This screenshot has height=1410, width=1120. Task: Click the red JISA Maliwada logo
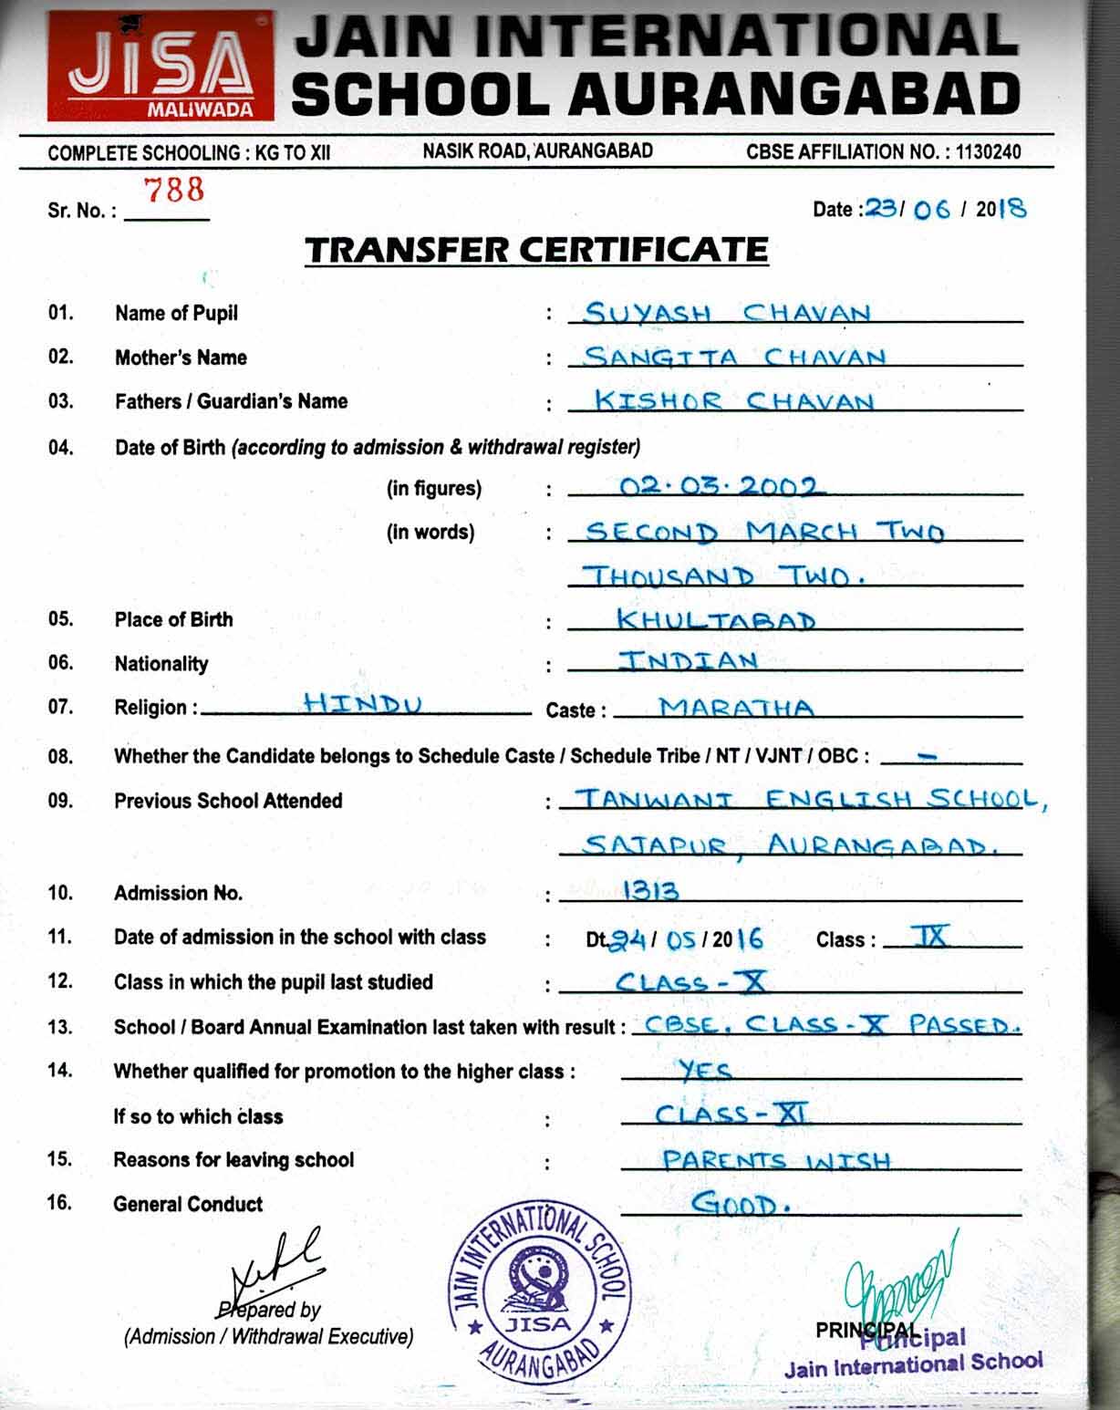pyautogui.click(x=161, y=67)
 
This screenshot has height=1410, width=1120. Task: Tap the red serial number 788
pyautogui.click(x=174, y=190)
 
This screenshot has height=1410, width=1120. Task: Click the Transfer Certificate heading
pyautogui.click(x=536, y=250)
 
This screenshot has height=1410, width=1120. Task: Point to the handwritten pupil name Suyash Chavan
pyautogui.click(x=727, y=313)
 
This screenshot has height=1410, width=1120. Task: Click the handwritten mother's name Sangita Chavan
pyautogui.click(x=734, y=357)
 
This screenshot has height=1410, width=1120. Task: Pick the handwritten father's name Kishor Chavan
pyautogui.click(x=733, y=400)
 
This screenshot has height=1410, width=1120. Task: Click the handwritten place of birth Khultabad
pyautogui.click(x=716, y=620)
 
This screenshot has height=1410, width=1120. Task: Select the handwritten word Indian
pyautogui.click(x=689, y=660)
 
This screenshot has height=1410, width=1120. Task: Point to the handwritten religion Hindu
pyautogui.click(x=362, y=703)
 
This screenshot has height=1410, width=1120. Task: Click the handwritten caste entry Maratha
pyautogui.click(x=737, y=707)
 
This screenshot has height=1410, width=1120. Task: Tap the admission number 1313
pyautogui.click(x=650, y=890)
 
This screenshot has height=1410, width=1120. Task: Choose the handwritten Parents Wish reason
pyautogui.click(x=776, y=1160)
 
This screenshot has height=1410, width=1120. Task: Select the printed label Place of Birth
pyautogui.click(x=173, y=619)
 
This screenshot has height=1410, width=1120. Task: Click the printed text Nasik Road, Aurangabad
pyautogui.click(x=537, y=151)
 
